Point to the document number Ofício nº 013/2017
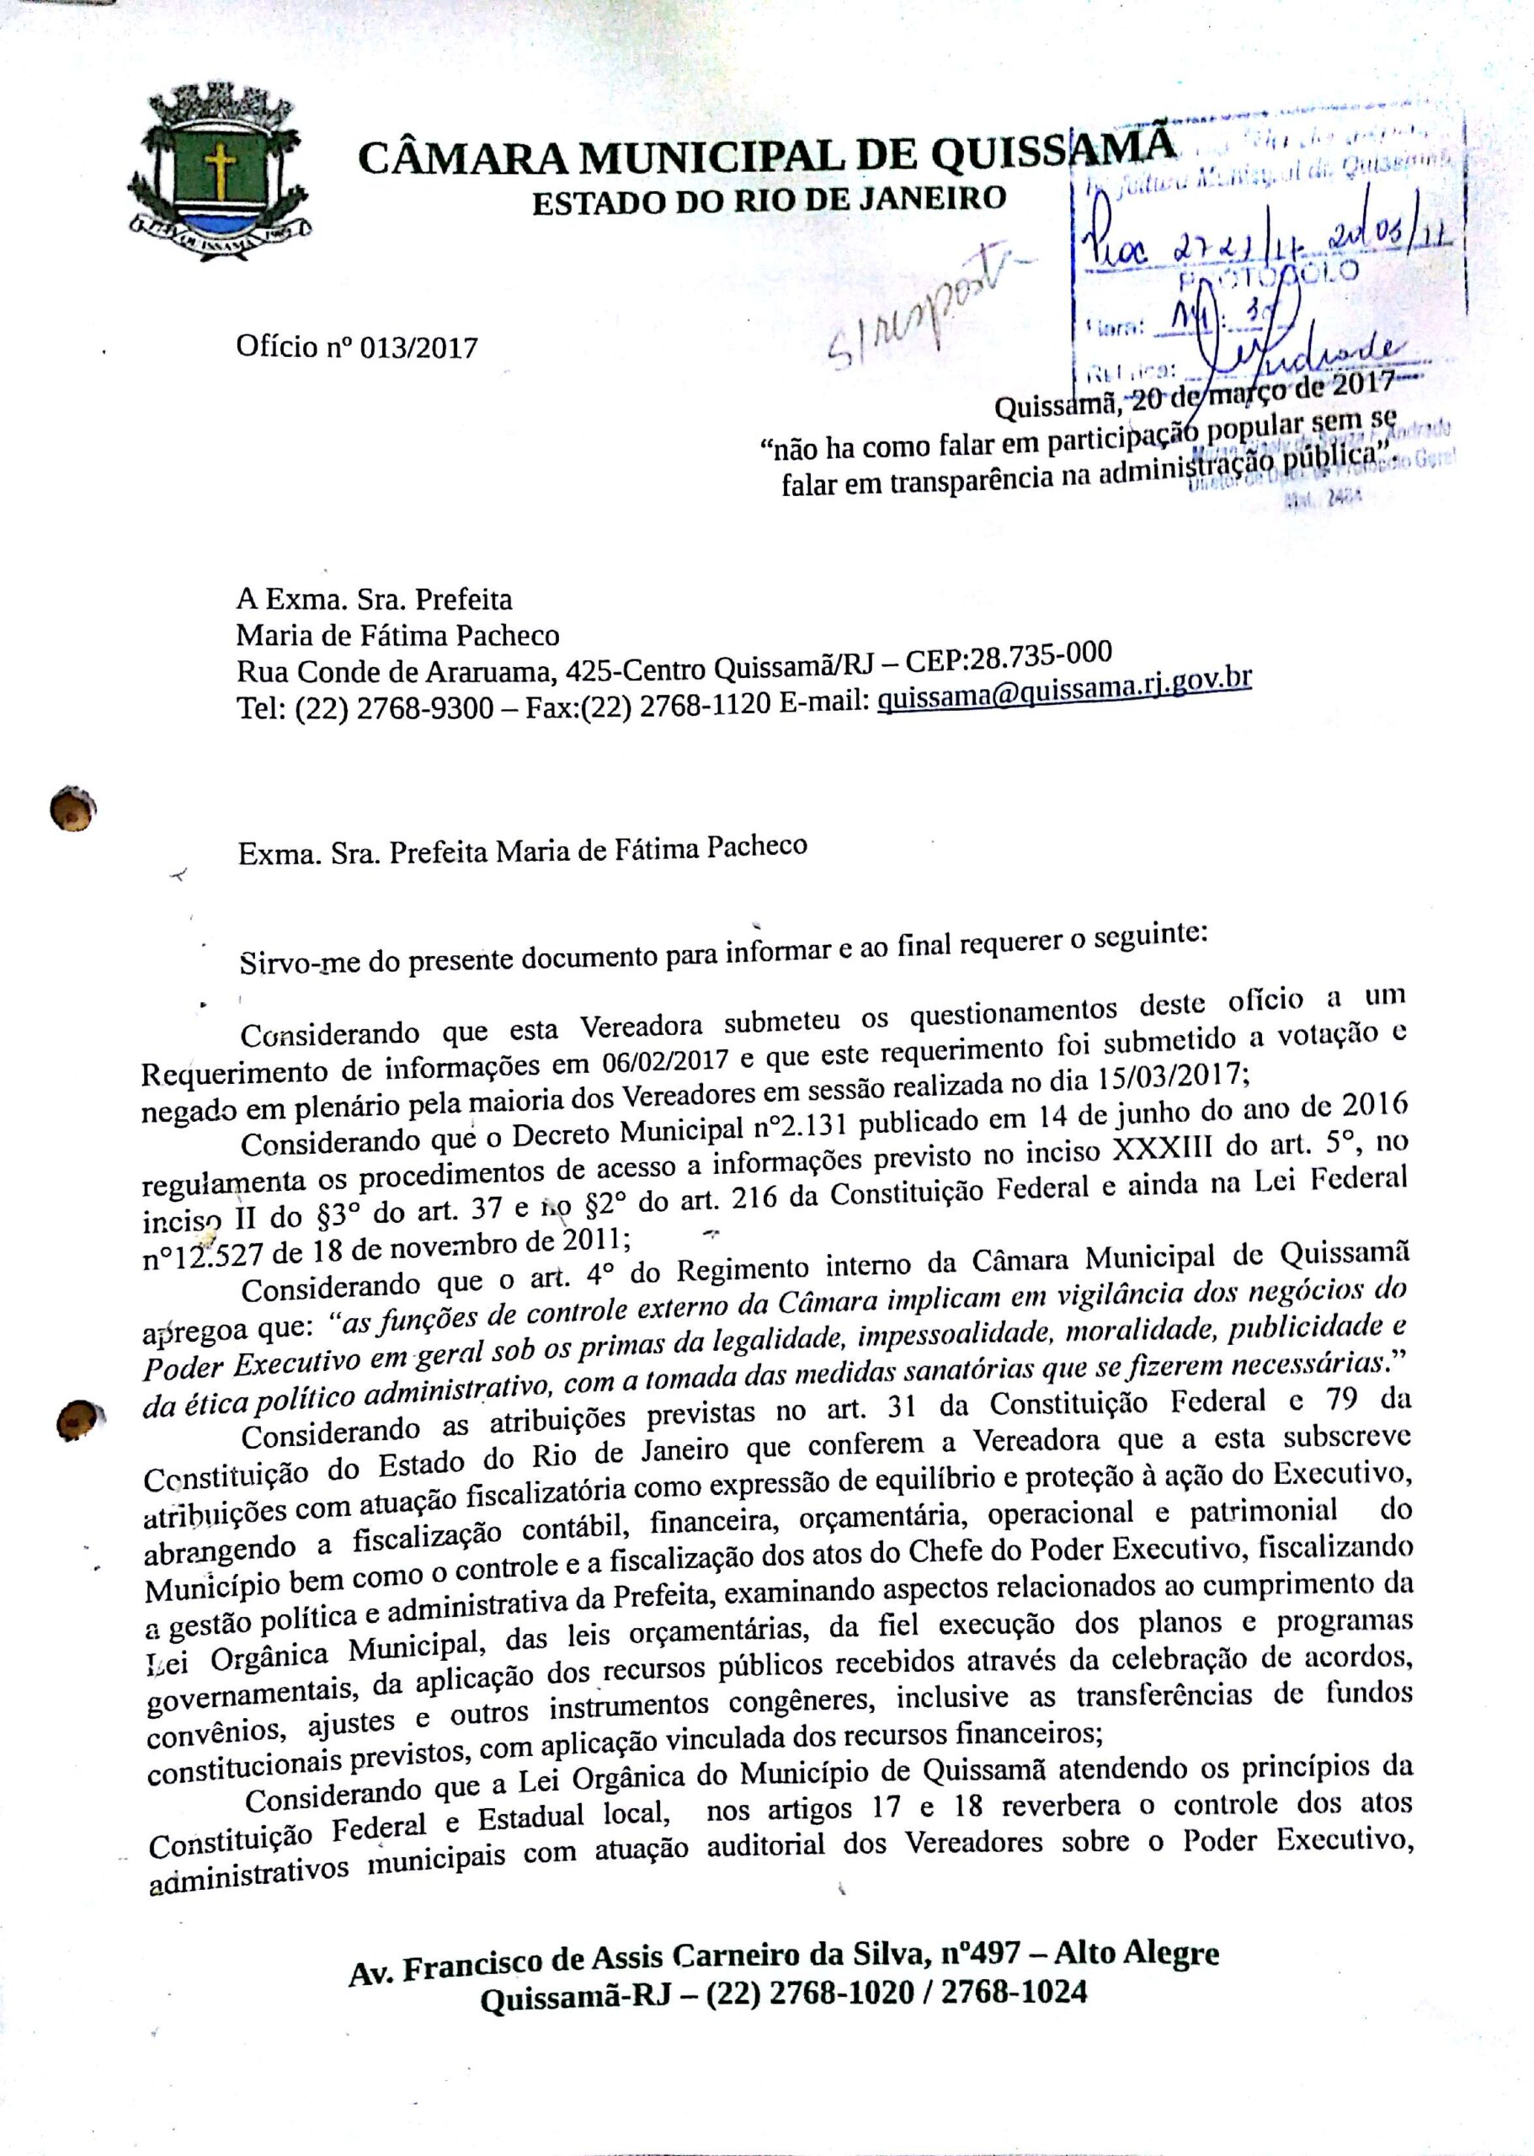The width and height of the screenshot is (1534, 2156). tap(357, 348)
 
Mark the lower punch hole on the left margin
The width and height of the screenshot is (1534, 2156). tap(79, 1419)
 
